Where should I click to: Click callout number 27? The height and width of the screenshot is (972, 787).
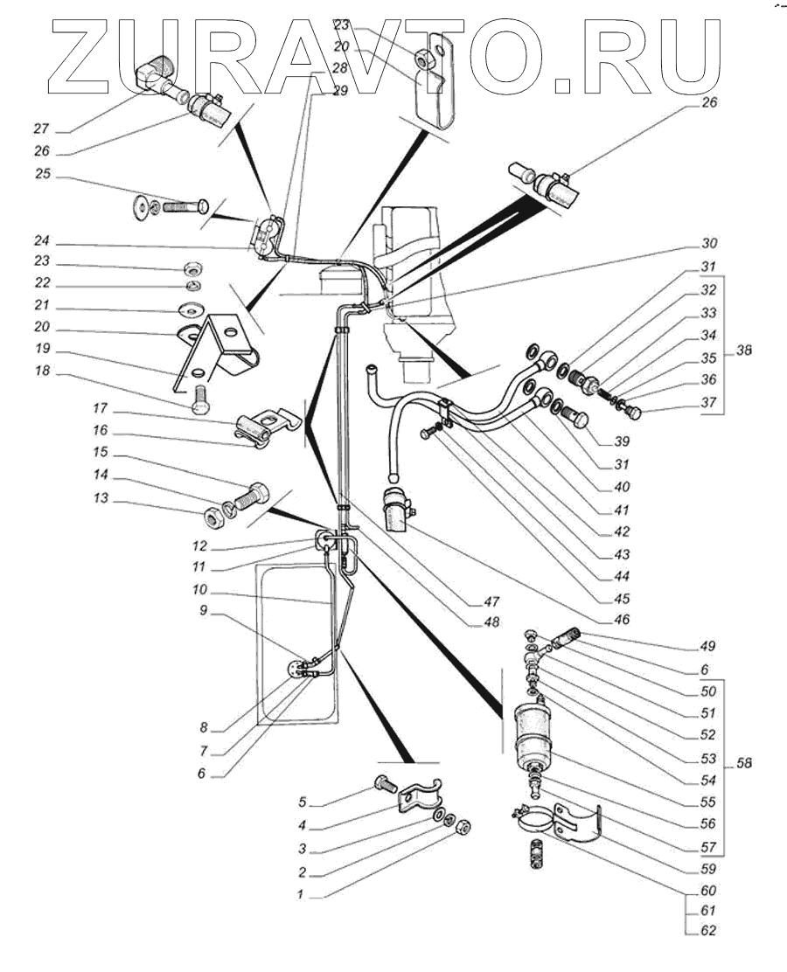tap(41, 129)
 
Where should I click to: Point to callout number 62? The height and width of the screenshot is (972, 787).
tap(708, 930)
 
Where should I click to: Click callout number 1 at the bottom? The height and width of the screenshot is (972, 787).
tap(301, 894)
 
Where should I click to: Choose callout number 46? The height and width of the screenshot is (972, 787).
tap(622, 619)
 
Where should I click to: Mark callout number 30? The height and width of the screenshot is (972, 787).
tap(709, 243)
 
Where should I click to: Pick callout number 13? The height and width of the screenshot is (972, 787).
tap(101, 497)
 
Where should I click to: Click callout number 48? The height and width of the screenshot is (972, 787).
tap(491, 621)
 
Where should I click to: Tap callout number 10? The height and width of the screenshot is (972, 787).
tap(199, 589)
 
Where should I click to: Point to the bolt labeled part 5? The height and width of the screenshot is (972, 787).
tap(385, 784)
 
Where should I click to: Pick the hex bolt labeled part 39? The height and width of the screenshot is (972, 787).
tap(575, 419)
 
